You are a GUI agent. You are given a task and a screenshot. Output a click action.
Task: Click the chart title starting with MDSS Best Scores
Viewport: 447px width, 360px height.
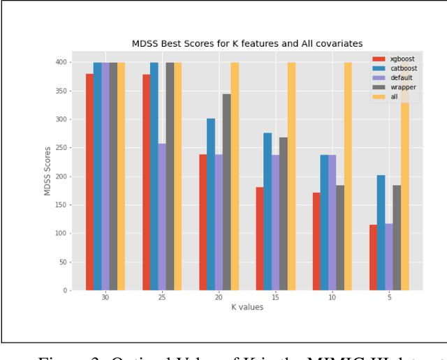coord(247,44)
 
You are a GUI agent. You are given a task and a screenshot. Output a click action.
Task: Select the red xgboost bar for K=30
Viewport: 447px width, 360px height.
coord(89,182)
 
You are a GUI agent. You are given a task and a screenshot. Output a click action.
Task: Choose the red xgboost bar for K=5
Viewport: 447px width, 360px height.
coord(373,257)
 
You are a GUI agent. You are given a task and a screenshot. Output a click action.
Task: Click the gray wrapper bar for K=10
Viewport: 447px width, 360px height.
coord(340,237)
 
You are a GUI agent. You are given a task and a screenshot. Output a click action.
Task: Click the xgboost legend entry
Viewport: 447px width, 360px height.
coord(393,59)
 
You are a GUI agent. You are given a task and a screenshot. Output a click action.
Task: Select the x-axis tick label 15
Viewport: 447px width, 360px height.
coord(275,297)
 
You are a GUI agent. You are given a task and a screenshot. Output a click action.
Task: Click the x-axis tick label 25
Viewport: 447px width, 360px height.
coord(162,297)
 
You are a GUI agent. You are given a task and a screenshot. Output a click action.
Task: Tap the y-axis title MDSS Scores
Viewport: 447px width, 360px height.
coord(48,170)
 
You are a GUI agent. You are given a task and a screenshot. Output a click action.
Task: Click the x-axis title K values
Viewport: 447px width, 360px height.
coord(247,307)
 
